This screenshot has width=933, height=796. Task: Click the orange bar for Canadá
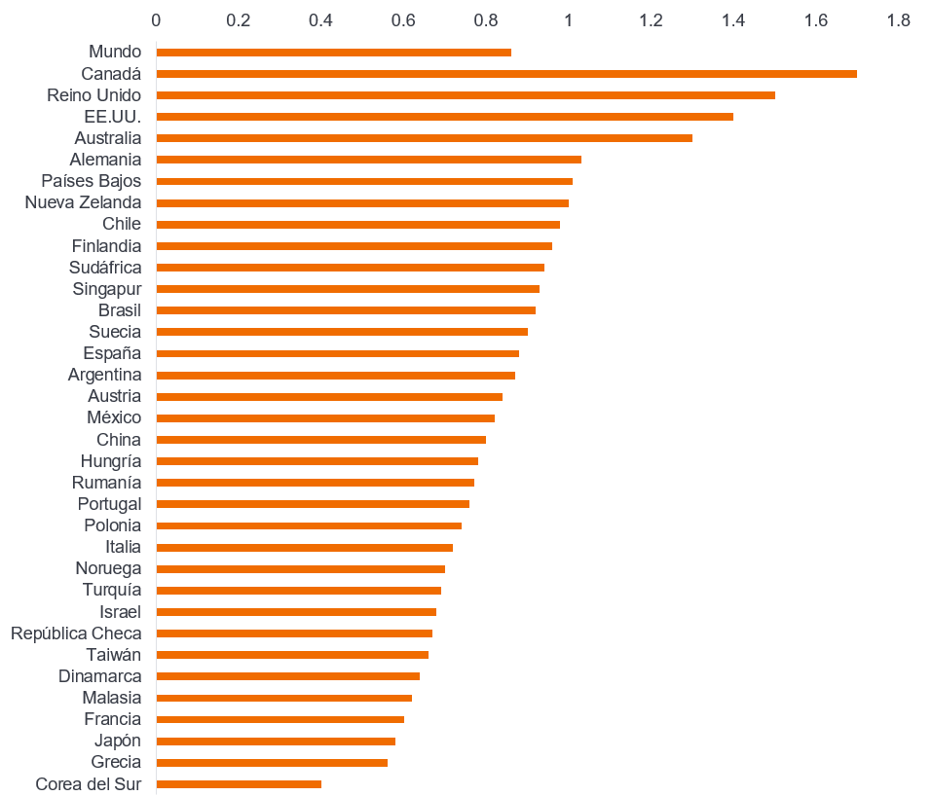click(x=506, y=74)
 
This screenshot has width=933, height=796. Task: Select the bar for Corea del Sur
click(x=239, y=783)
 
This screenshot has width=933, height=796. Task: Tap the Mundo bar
click(x=333, y=53)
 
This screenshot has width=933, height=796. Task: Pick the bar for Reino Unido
click(x=466, y=95)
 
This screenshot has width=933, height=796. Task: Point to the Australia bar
click(x=424, y=138)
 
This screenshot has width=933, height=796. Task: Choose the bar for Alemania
click(x=368, y=160)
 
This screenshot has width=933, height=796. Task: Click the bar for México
click(x=325, y=417)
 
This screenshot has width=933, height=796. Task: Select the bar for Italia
click(x=304, y=547)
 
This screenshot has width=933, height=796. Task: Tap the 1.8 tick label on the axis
click(x=898, y=19)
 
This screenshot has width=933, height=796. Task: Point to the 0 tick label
click(x=156, y=19)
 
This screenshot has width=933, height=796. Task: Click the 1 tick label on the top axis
click(x=569, y=19)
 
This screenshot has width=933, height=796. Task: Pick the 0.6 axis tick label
click(x=403, y=19)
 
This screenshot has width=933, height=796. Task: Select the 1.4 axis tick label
click(x=733, y=19)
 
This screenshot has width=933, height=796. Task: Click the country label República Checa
click(x=76, y=633)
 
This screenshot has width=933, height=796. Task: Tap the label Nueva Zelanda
click(x=83, y=202)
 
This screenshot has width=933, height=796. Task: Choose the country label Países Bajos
click(x=91, y=181)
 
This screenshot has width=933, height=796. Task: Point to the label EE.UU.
click(x=113, y=117)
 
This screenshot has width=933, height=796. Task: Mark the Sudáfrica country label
click(x=105, y=268)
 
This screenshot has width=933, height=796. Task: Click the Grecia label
click(x=116, y=762)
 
